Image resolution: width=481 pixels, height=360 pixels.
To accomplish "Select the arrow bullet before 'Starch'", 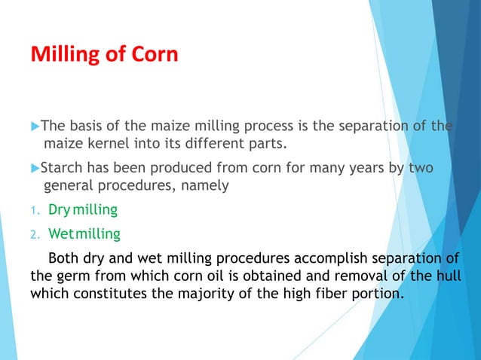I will (x=35, y=168).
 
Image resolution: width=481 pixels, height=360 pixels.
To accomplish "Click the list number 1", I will (x=34, y=210).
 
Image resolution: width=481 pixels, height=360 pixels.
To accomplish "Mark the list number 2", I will (x=34, y=235).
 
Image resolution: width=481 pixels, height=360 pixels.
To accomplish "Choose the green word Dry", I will (x=60, y=209).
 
